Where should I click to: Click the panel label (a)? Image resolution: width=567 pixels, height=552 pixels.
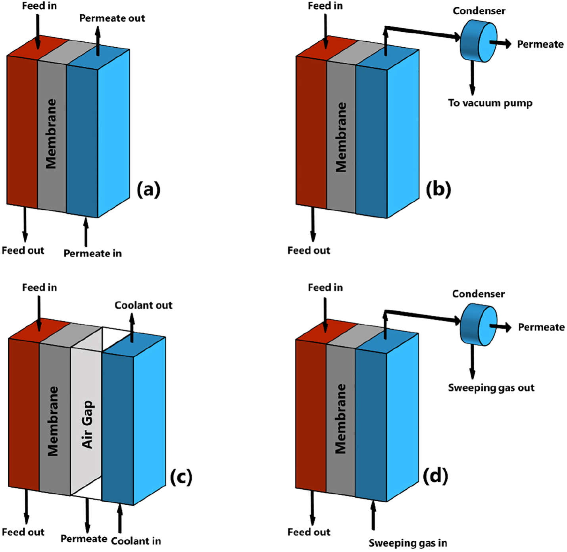coord(148,189)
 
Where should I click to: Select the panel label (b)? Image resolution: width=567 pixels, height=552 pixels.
coord(438,189)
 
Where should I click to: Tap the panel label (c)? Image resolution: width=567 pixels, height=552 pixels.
coord(181,477)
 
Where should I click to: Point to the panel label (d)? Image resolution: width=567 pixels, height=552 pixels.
coord(435,475)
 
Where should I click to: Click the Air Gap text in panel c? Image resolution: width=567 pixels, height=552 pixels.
coord(87,424)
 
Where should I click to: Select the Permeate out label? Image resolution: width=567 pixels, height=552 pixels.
coord(112,18)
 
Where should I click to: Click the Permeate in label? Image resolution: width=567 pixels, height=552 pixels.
coord(92,253)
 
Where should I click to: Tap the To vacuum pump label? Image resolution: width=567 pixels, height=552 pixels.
coord(490,103)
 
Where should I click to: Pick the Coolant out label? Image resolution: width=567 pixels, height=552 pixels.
coord(143,305)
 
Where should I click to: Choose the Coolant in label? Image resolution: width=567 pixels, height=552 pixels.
coord(136,541)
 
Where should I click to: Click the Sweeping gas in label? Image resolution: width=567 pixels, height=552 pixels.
coord(407,543)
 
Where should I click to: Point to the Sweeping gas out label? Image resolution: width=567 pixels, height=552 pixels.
coord(491,388)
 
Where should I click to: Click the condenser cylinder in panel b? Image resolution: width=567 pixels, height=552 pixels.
coord(478,42)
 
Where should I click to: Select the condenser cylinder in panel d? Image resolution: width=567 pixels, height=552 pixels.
coord(478,324)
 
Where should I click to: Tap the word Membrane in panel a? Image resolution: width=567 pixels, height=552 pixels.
coord(51,134)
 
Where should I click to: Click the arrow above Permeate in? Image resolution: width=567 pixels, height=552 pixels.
coord(86,232)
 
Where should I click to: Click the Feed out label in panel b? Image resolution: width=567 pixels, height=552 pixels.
coord(308,251)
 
